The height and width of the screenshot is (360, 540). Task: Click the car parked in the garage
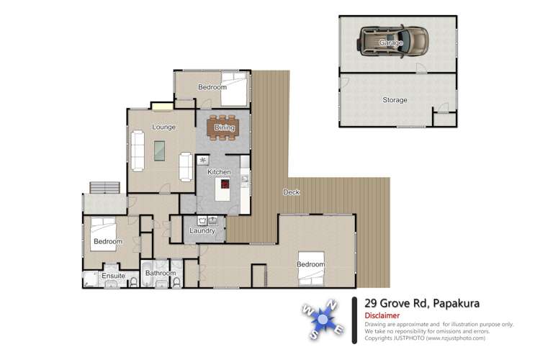[x=392, y=42]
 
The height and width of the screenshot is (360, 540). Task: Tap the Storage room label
[x=395, y=100]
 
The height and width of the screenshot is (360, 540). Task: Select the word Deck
[x=291, y=192]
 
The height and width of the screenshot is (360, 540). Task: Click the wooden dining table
[x=223, y=127]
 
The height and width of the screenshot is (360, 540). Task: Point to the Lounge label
[x=163, y=127]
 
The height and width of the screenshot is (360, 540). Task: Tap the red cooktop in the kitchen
[x=225, y=184]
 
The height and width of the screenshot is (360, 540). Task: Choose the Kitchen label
[x=219, y=172]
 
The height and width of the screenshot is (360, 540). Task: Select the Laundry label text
[x=202, y=230]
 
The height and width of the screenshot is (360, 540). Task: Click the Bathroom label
[x=160, y=273]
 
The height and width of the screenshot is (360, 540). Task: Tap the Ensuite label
[x=112, y=275]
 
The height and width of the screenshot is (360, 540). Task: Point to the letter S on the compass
[x=315, y=335]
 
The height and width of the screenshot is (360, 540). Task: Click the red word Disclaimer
[x=383, y=315]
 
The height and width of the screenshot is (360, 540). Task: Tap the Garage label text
[x=391, y=43]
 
